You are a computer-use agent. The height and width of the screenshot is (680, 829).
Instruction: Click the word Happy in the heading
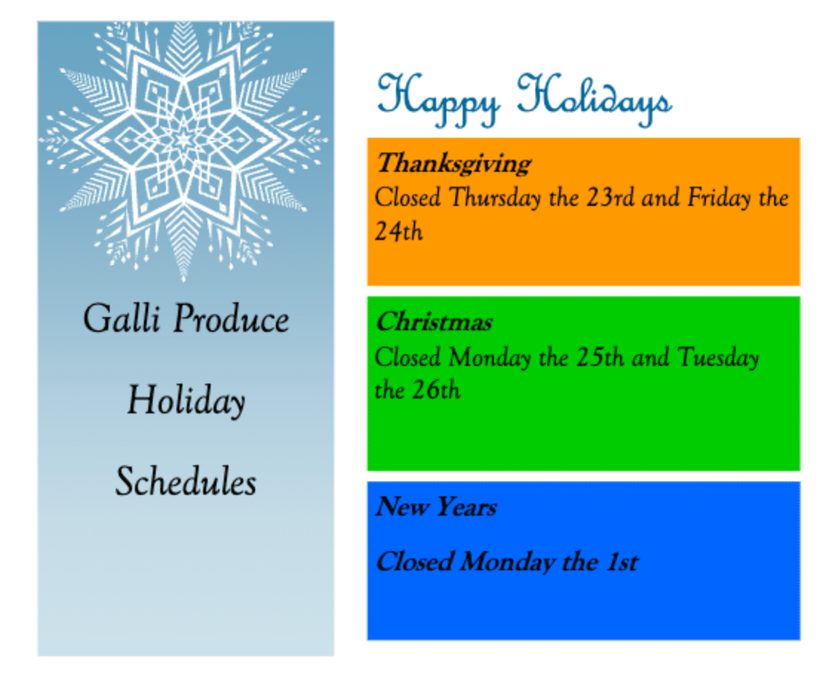pos(438,101)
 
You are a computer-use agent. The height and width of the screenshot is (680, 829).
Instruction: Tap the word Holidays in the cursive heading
pos(595,101)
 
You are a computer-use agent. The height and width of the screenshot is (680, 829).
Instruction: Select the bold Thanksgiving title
pos(454,163)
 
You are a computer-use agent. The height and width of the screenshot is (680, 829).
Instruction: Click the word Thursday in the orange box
pos(495,198)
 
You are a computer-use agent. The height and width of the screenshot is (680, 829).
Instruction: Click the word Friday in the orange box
pos(719,198)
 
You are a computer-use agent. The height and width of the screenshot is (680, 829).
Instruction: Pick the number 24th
pos(399,231)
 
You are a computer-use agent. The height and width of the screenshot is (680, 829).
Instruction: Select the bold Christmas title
pos(434,321)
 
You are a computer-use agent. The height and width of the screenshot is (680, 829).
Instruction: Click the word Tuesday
pos(719,357)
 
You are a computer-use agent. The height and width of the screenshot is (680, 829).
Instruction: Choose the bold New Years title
pos(436,507)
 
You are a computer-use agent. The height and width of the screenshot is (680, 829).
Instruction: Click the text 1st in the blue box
pos(622,561)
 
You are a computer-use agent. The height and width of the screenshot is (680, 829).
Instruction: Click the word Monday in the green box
pos(490,357)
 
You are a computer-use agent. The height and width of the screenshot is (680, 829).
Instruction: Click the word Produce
pos(231,319)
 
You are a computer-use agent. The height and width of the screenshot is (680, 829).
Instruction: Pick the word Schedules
pos(186,481)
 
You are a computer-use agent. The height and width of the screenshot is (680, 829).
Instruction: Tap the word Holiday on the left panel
pos(186,401)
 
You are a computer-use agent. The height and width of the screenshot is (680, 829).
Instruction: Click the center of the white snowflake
pos(183,140)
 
